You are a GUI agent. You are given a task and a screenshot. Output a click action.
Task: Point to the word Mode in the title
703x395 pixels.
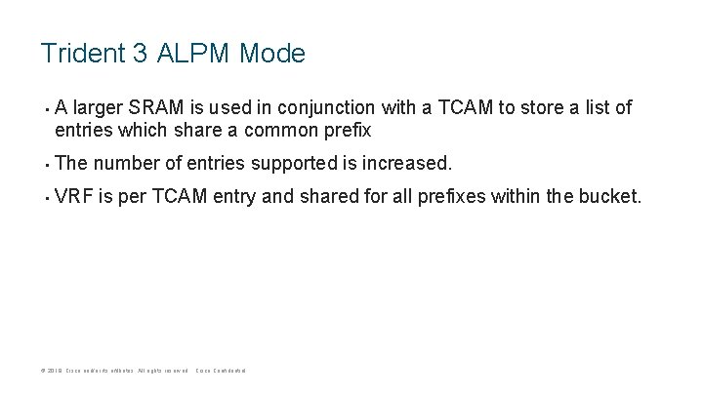(x=270, y=53)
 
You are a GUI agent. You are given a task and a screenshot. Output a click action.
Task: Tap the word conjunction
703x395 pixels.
(x=341, y=107)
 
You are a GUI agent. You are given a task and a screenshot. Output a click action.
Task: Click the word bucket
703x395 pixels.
(x=611, y=196)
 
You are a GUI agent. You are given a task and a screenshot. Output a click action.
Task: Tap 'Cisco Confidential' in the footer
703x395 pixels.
(x=221, y=372)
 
